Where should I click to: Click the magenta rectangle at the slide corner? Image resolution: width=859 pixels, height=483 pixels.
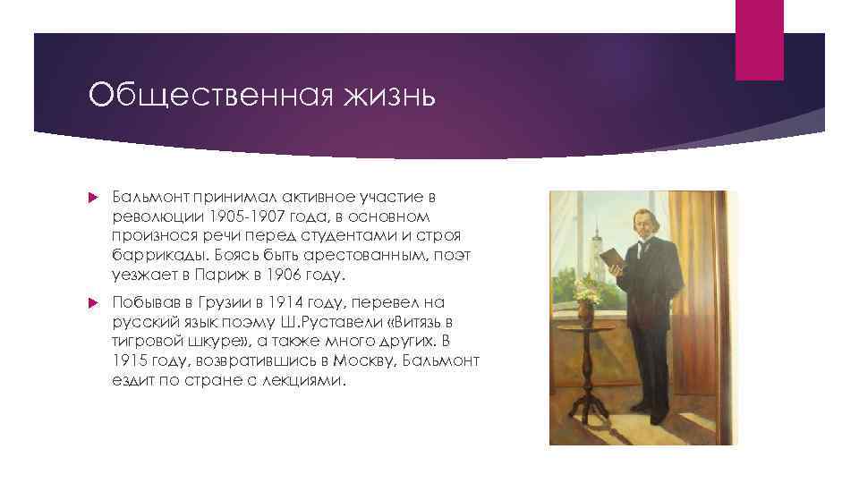click(759, 39)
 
